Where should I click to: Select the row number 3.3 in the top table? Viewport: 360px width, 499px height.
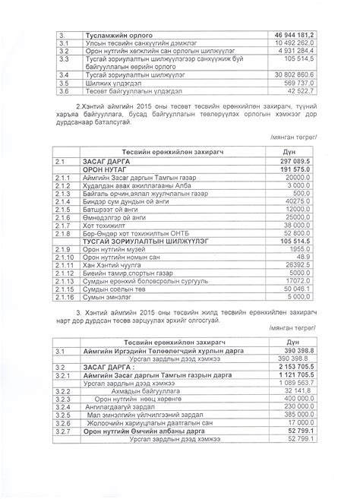[65, 58]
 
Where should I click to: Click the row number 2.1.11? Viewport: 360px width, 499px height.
[65, 264]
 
